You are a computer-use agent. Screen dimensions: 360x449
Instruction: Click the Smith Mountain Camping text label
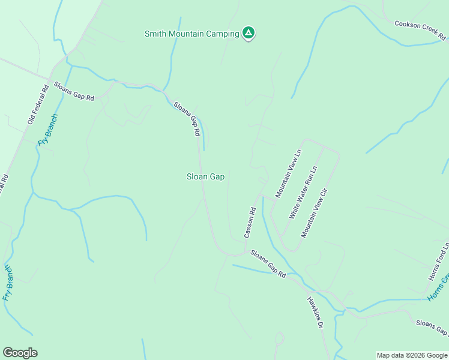point(191,34)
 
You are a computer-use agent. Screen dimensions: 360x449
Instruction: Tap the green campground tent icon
point(249,33)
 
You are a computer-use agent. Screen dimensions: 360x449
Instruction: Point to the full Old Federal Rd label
point(37,106)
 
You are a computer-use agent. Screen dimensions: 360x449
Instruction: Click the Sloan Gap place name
point(205,176)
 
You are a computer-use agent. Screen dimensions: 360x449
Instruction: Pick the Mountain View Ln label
point(288,173)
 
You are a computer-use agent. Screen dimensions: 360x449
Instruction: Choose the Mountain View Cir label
point(315,212)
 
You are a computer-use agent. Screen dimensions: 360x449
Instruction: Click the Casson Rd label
point(250,222)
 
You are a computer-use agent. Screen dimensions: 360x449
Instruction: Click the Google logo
point(20,353)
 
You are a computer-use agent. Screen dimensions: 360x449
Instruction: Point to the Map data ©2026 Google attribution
point(412,355)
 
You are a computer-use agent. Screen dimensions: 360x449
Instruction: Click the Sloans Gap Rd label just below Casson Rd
point(268,263)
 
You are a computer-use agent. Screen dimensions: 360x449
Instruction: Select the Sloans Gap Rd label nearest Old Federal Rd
point(74,91)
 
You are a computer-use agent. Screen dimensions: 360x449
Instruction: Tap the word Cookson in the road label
point(407,27)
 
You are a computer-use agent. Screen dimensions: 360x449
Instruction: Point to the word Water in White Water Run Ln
point(301,194)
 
